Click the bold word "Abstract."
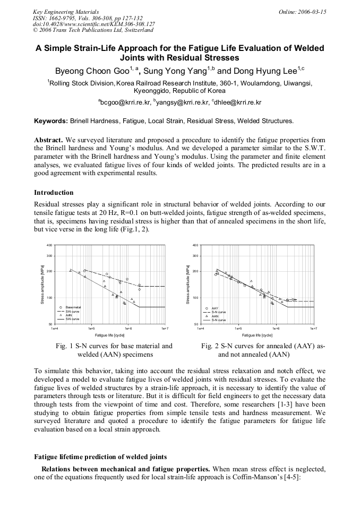[x=49, y=140]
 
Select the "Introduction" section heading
[x=54, y=193]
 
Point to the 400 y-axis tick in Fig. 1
[x=49, y=245]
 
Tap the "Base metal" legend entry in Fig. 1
[x=73, y=308]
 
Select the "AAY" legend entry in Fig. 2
[x=215, y=308]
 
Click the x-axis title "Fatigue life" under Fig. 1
[x=109, y=335]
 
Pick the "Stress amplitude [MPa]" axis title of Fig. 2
[x=188, y=284]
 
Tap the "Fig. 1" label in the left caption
[x=64, y=346]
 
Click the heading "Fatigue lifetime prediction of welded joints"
[x=100, y=456]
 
